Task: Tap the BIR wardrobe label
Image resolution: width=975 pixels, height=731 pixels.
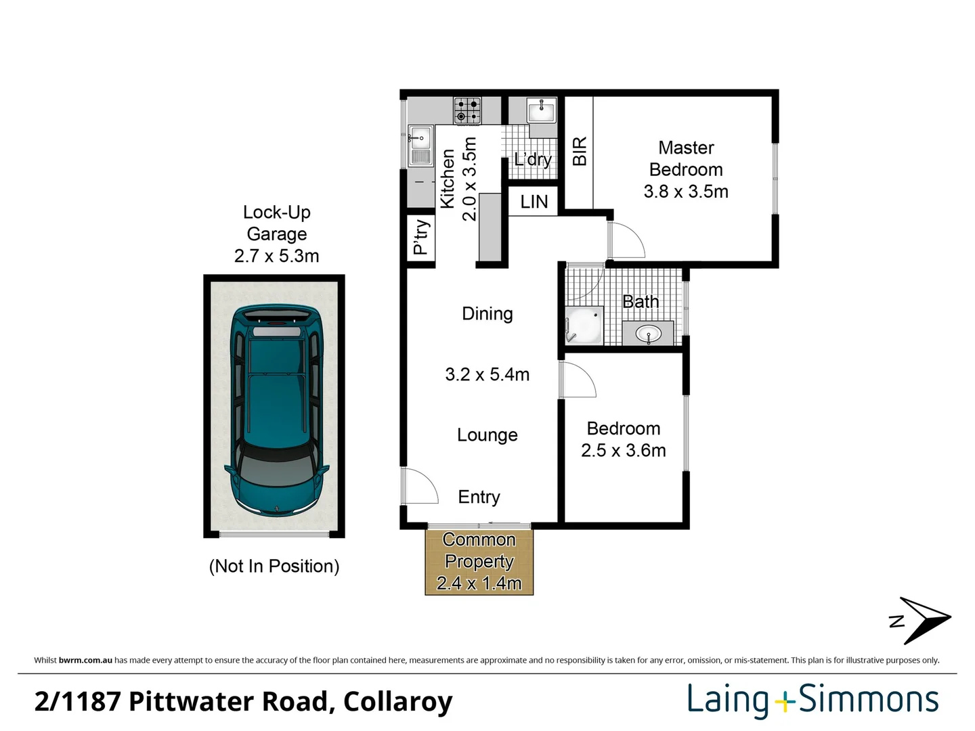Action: pos(580,152)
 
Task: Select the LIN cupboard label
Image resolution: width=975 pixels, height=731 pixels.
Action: pos(534,202)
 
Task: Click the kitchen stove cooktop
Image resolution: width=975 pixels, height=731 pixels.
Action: pos(467,110)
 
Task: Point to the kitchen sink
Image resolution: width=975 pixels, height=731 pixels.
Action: pos(420,145)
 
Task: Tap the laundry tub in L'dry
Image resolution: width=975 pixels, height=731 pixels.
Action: pos(542,111)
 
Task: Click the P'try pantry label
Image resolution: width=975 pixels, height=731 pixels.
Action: pos(420,237)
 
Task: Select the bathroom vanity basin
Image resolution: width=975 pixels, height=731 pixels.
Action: pos(649,333)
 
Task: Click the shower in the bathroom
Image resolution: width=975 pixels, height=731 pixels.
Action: pos(584,326)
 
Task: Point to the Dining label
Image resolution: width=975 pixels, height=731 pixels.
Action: pos(487,313)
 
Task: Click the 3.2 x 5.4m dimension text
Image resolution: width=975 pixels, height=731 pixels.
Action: pos(487,374)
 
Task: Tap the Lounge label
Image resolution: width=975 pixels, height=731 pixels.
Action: pos(487,435)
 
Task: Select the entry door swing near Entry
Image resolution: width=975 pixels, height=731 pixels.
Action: pos(418,486)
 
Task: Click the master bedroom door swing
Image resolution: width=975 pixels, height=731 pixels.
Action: pos(625,240)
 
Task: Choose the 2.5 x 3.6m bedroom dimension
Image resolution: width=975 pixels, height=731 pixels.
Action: pos(623,451)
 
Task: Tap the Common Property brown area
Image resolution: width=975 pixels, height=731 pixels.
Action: pos(479,562)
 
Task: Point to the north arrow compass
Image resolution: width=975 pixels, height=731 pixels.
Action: pos(922,620)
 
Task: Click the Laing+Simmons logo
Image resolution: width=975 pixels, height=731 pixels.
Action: pos(812,700)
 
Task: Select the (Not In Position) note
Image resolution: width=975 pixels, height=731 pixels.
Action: pos(274,566)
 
